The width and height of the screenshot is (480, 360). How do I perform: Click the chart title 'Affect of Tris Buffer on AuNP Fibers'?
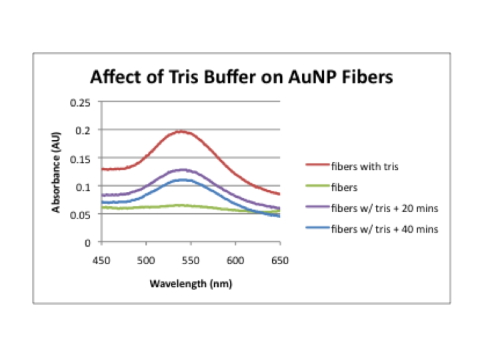click(x=241, y=78)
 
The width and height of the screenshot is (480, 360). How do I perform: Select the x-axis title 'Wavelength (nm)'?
click(x=191, y=283)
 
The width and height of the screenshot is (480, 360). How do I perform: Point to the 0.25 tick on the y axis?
click(x=85, y=102)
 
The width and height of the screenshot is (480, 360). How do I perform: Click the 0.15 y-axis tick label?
click(x=85, y=159)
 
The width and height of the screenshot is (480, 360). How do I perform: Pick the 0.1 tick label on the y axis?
click(x=87, y=187)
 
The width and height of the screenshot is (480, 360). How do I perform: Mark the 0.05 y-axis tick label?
click(x=85, y=215)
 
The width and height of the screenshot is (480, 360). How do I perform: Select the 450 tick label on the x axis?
click(x=100, y=260)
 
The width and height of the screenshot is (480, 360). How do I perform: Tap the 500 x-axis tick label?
click(x=145, y=260)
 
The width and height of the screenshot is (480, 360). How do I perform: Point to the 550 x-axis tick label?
click(x=190, y=260)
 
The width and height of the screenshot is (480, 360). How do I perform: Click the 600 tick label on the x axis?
click(x=235, y=260)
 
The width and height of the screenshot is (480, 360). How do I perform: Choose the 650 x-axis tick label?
click(x=280, y=260)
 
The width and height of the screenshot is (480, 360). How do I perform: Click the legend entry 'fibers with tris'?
click(x=353, y=165)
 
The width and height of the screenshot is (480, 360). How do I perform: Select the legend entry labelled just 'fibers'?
click(x=337, y=186)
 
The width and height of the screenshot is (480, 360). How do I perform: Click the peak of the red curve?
click(x=181, y=131)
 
